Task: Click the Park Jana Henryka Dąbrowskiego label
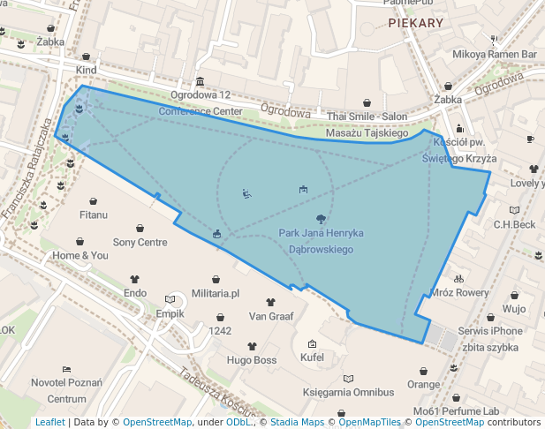[315, 241]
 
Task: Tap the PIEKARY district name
[414, 23]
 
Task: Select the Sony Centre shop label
[140, 242]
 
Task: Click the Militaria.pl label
[216, 293]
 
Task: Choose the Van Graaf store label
[270, 315]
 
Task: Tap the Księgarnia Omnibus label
[347, 392]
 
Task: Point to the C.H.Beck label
[514, 224]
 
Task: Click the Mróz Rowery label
[458, 292]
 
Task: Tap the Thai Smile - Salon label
[367, 117]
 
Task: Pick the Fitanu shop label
[94, 214]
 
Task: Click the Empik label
[170, 313]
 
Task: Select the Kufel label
[312, 357]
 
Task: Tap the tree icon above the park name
[319, 218]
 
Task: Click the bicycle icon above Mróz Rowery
[458, 278]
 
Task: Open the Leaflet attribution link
[49, 423]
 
